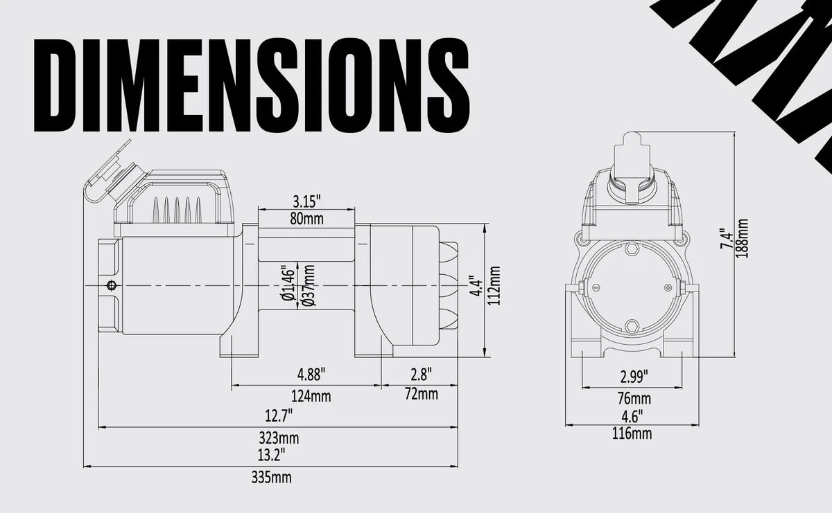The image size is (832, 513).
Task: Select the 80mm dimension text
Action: tap(306, 219)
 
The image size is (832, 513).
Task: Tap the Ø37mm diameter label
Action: tap(309, 286)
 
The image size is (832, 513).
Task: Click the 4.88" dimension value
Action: tap(311, 375)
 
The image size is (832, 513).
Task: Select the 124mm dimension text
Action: tap(311, 397)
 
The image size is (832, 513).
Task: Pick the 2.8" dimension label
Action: tap(421, 375)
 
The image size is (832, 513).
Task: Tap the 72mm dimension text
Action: tap(421, 395)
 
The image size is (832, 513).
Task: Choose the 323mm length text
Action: tap(278, 438)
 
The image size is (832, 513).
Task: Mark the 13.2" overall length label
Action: tap(270, 454)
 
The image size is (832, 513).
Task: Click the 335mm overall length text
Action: tap(271, 478)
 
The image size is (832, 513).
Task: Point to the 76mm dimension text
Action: tap(634, 399)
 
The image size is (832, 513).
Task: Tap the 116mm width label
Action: tap(632, 434)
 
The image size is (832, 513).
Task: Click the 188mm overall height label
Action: tap(743, 238)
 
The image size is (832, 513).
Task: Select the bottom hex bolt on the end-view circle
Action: tap(632, 326)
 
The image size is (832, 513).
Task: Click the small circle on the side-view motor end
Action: tap(110, 285)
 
